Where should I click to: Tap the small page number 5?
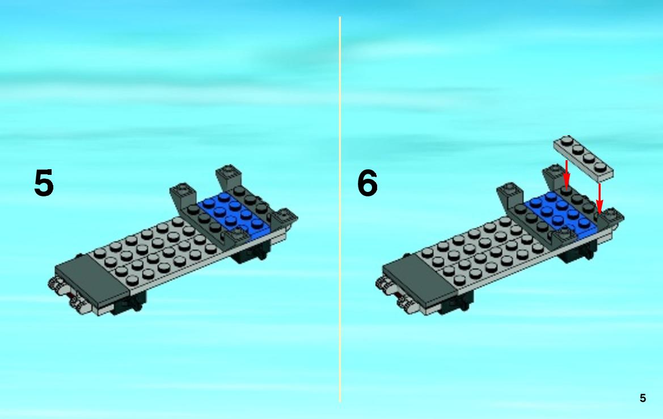pyautogui.click(x=643, y=398)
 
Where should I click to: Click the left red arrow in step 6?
pyautogui.click(x=567, y=174)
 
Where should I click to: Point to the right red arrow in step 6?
pyautogui.click(x=599, y=199)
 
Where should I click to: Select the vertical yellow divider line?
pyautogui.click(x=340, y=209)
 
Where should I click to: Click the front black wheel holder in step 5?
pyautogui.click(x=128, y=304)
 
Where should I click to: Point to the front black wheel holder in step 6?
pyautogui.click(x=455, y=304)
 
